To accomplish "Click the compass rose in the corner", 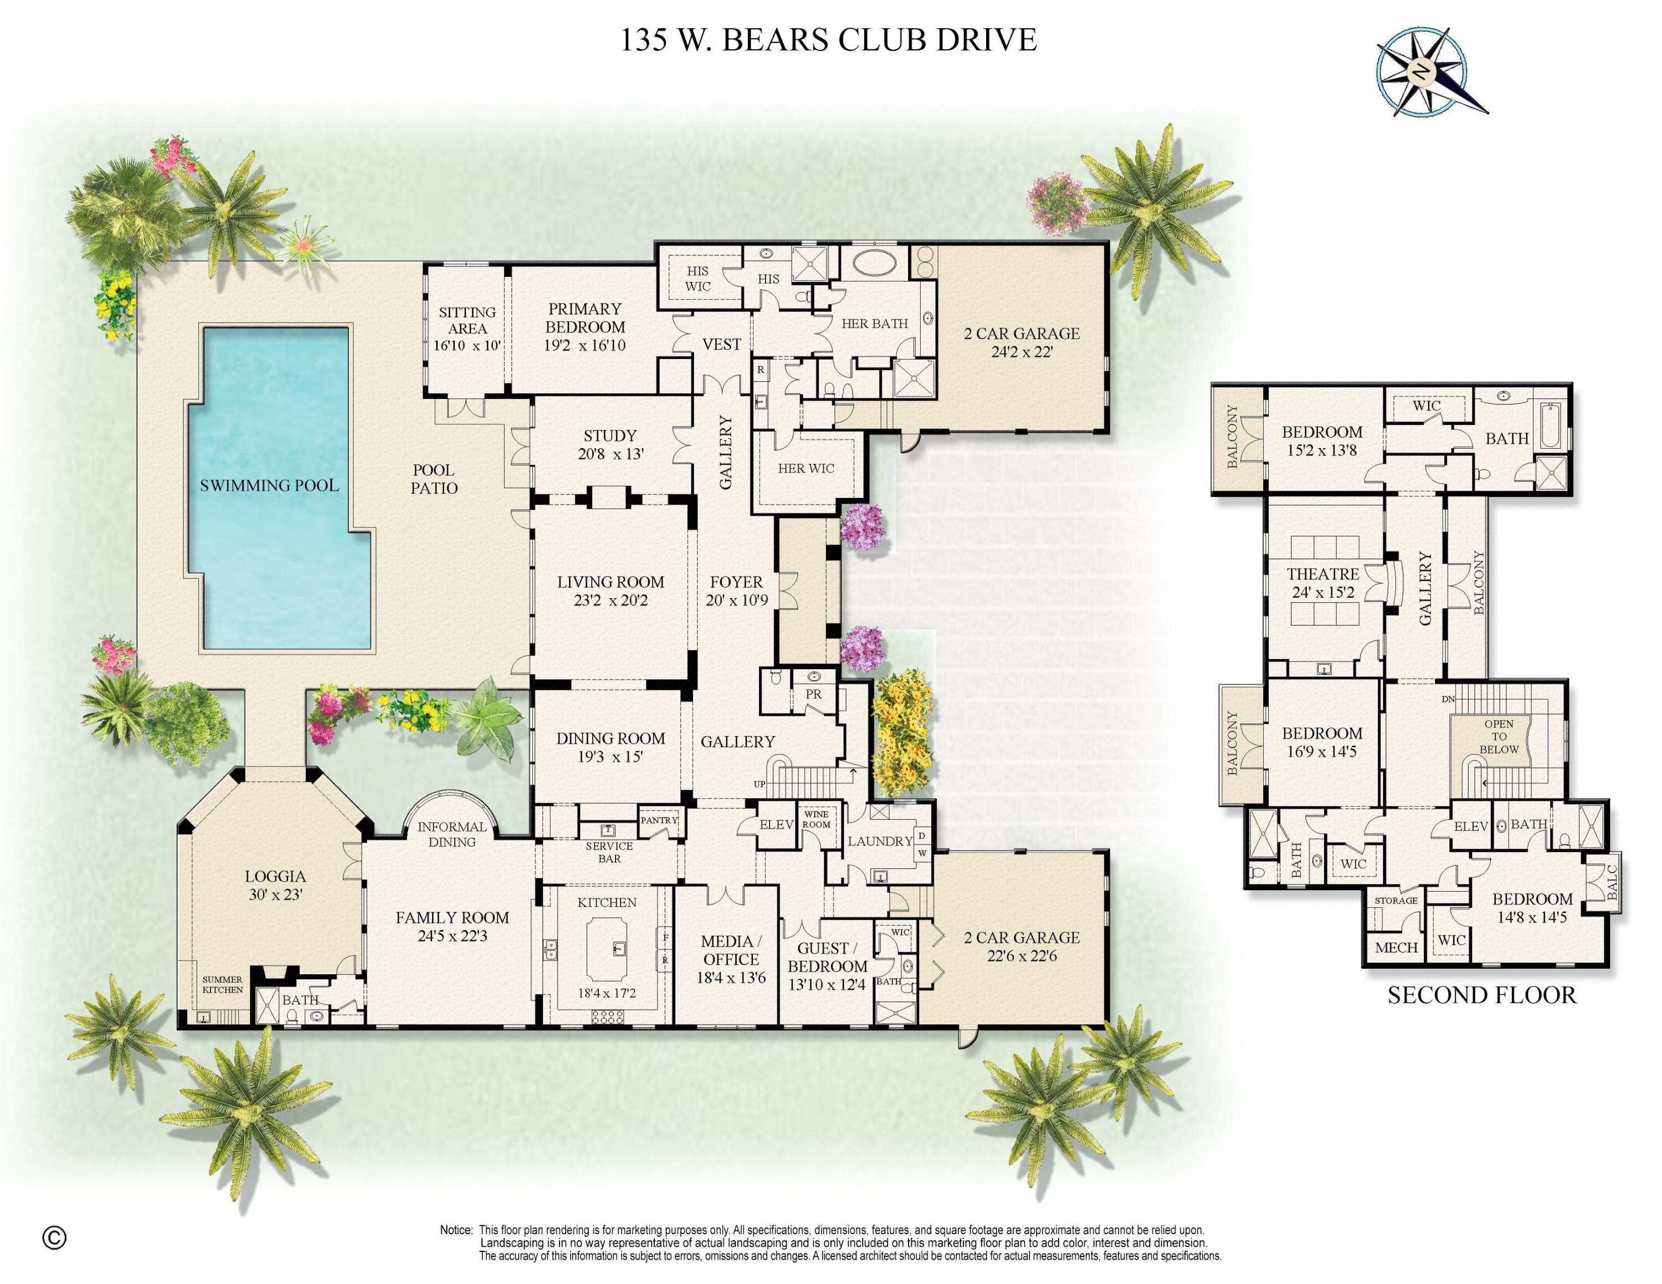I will [1422, 72].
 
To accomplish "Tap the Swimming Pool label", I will [269, 485].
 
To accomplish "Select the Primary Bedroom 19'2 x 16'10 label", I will [584, 327].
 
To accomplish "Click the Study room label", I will [609, 436].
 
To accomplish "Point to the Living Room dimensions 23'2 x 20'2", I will [611, 600].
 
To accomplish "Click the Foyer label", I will [736, 582].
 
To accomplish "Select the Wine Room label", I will [817, 819].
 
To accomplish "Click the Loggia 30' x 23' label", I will [275, 885].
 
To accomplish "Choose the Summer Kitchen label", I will [222, 984].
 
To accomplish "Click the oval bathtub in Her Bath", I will [874, 263].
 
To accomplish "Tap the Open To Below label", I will [1499, 736].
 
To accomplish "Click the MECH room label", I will [1396, 948].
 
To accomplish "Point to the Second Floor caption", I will [1481, 996].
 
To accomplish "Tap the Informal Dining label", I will [452, 834].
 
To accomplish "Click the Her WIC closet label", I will [806, 469].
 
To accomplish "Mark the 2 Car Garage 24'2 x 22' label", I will [1021, 342].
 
